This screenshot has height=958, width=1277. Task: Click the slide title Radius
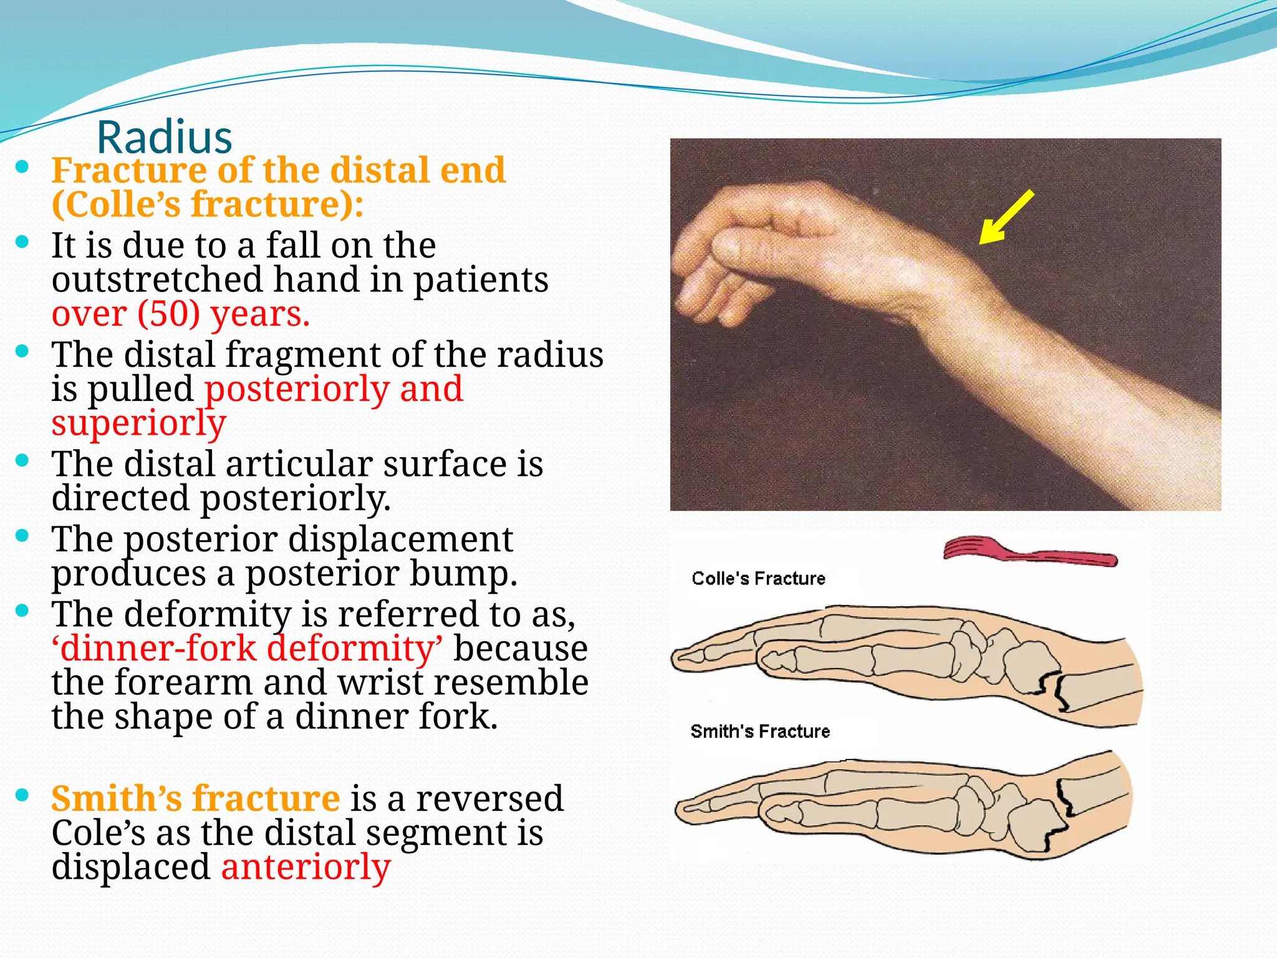point(165,137)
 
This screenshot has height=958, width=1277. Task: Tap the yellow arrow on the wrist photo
point(1005,218)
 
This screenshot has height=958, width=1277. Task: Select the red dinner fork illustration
point(1029,551)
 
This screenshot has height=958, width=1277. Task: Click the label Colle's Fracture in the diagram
point(758,579)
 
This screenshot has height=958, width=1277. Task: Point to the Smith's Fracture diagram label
point(760,732)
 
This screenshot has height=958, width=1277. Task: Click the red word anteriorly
point(306,867)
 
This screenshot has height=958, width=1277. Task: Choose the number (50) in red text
point(168,314)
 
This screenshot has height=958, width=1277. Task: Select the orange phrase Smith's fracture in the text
point(195,798)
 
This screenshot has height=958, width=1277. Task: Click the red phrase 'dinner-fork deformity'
point(248,648)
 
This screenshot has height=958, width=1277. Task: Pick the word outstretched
point(157,279)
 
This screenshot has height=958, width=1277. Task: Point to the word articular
point(299,464)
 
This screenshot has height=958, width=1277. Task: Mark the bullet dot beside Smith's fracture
point(22,795)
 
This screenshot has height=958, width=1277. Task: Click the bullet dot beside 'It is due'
point(22,242)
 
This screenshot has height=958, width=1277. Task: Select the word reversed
point(489,798)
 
